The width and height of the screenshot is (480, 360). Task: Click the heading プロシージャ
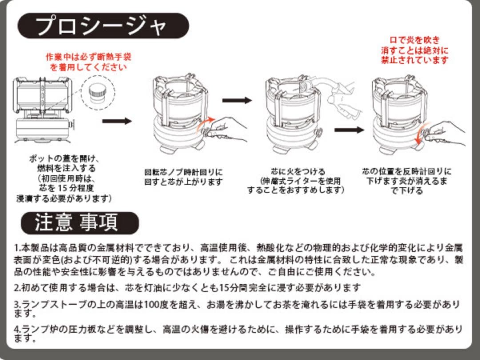103,26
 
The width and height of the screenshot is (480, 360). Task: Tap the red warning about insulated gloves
88,62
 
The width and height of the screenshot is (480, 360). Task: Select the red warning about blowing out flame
415,50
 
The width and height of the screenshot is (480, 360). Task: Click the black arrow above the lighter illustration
237,100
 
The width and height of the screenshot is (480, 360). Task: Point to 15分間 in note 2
232,287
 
